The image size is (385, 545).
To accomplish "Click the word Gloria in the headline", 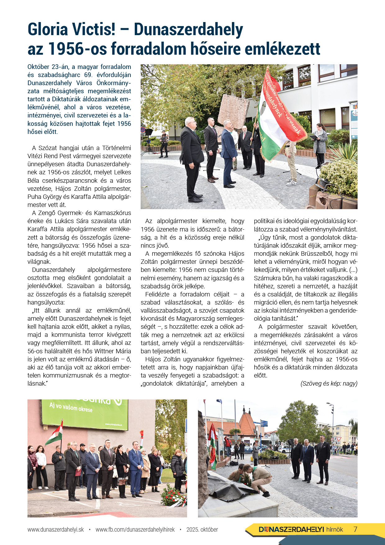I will [47, 30].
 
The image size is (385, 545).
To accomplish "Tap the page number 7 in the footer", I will [356, 529].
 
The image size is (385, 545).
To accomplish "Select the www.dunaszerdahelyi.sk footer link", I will [56, 529].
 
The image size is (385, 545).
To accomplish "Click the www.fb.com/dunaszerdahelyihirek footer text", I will [135, 529].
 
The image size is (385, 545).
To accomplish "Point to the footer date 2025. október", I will [202, 529].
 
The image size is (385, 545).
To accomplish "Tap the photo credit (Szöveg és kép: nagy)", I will [329, 383].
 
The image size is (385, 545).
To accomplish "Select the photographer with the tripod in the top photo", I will [163, 143].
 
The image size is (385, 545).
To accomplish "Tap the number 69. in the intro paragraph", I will [88, 75].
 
